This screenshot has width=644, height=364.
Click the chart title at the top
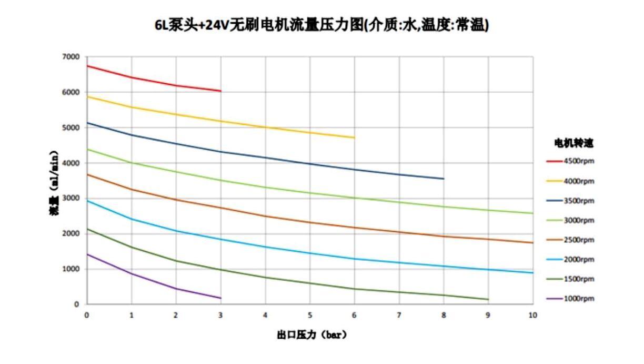(x=322, y=25)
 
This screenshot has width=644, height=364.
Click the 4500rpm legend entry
(x=571, y=161)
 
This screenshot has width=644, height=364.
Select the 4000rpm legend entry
(x=571, y=181)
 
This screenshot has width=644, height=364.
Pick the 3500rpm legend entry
(x=571, y=201)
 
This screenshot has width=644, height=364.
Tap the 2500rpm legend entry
(x=571, y=240)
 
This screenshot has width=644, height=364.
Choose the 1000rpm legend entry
(x=571, y=299)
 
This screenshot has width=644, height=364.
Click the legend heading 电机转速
(x=574, y=143)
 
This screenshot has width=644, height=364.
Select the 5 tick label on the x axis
(x=310, y=315)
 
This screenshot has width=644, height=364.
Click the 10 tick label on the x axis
(x=532, y=315)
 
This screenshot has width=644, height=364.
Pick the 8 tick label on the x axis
(x=444, y=315)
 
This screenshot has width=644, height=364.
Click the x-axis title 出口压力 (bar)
(x=312, y=335)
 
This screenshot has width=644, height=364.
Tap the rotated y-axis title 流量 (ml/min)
(x=54, y=180)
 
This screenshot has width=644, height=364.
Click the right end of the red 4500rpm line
(x=220, y=91)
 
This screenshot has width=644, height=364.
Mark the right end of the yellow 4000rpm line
(x=354, y=137)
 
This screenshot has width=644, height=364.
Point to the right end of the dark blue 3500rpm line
(x=444, y=179)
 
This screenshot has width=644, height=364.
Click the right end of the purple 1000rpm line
(x=220, y=298)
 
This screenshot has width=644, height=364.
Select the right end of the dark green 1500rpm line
(x=488, y=299)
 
